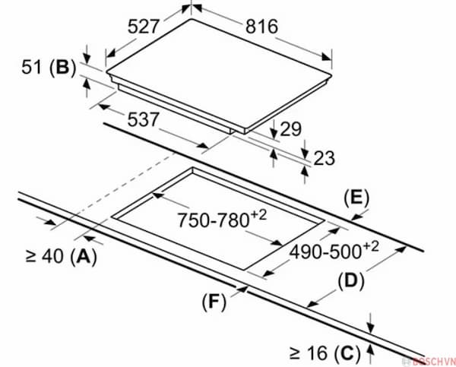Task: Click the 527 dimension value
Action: [x=144, y=26]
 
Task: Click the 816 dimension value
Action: [x=261, y=27]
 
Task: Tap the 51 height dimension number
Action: [x=31, y=67]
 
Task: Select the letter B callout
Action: [x=62, y=67]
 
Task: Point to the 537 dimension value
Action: [x=144, y=119]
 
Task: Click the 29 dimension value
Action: [x=290, y=129]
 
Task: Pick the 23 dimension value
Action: [x=324, y=158]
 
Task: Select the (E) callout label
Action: [x=356, y=198]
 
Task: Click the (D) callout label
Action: [x=351, y=280]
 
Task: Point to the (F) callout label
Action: [x=214, y=302]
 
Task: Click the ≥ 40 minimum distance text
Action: [x=44, y=256]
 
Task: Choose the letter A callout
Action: [x=84, y=257]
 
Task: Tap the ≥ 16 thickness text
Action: [x=309, y=353]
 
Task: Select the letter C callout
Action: [x=347, y=353]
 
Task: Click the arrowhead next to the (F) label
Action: [x=242, y=289]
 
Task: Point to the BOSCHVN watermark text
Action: [x=433, y=361]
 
